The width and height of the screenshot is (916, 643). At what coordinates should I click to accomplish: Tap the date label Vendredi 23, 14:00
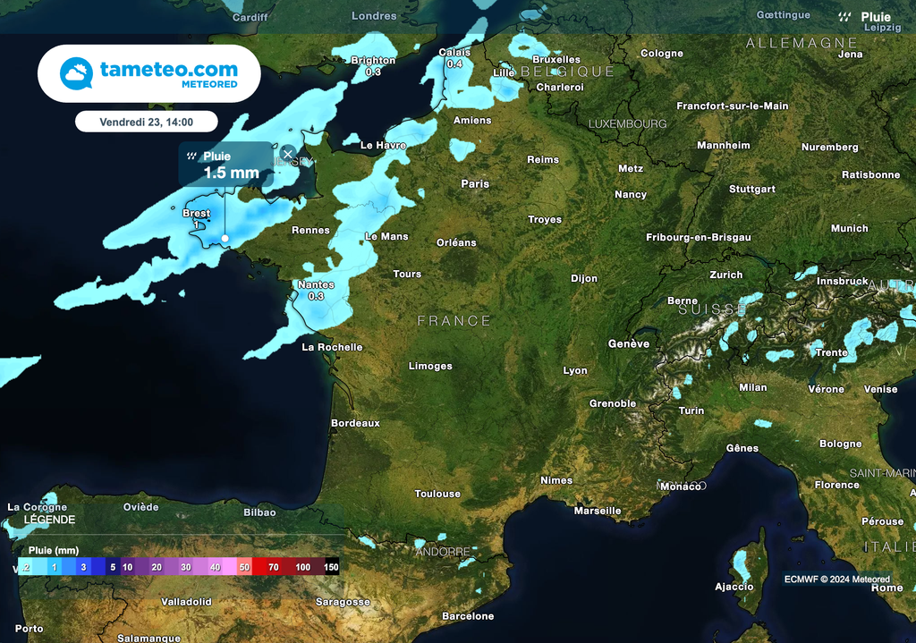[x=147, y=122]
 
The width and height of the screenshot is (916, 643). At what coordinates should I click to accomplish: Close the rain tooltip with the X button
[x=288, y=154]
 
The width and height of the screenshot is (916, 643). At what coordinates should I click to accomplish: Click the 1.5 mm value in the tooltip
[x=231, y=173]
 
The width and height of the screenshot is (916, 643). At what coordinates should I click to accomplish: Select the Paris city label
[x=475, y=183]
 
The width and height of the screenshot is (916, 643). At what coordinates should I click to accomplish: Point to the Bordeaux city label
[x=355, y=422]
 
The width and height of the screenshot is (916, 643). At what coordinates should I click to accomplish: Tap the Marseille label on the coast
[x=598, y=511]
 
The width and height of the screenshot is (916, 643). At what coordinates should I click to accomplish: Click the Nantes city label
[x=316, y=284]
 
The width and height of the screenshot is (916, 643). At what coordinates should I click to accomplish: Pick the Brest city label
[x=196, y=214]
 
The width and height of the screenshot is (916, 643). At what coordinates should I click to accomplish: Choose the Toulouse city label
[x=437, y=494]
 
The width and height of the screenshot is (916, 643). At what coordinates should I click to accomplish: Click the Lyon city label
[x=575, y=370]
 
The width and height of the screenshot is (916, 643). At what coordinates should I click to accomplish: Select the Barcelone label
[x=468, y=616]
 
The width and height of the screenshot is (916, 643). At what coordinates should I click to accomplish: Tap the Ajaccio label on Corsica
[x=734, y=587]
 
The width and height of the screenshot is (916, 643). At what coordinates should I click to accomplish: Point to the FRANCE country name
[x=454, y=320]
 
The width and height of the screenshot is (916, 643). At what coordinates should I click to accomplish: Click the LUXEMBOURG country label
[x=627, y=123]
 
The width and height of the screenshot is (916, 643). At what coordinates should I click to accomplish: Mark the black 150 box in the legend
[x=331, y=567]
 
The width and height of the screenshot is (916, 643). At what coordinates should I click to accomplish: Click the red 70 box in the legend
[x=273, y=567]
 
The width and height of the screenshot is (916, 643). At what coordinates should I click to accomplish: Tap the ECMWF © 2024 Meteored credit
[x=837, y=580]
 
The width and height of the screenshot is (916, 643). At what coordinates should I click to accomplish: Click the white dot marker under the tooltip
[x=225, y=238]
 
